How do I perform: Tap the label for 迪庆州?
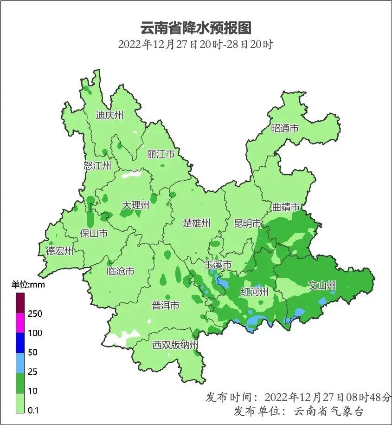coord(109,115)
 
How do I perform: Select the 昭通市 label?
coord(285,128)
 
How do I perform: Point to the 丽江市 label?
coord(161,154)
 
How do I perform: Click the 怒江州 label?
coord(97,166)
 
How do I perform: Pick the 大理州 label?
coord(136,205)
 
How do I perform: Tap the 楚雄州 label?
coord(196,223)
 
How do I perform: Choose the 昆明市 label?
coord(248,223)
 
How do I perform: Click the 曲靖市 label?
coord(285,207)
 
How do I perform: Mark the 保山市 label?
coord(94,233)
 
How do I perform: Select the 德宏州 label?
coord(59,251)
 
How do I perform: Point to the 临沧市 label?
coord(120,271)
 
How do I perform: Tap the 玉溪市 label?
coord(218,265)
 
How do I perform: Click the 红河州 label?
coord(255,292)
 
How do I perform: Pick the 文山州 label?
coord(322,286)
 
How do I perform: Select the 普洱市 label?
coord(166,306)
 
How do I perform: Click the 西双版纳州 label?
coord(176,345)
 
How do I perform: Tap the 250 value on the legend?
coord(35,314)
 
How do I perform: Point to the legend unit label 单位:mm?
coord(28,285)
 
